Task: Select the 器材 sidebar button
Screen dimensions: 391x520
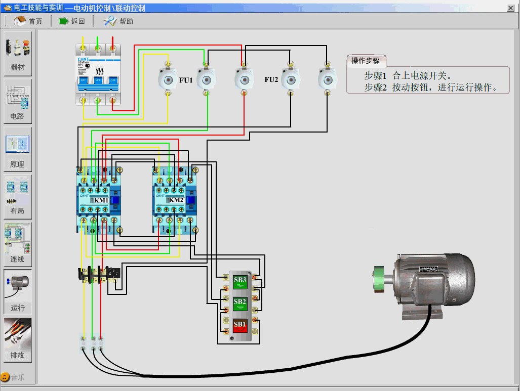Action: click(x=18, y=53)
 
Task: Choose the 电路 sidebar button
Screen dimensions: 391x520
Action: click(x=18, y=101)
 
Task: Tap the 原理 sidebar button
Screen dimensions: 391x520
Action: click(x=18, y=149)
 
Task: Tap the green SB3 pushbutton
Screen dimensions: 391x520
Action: click(x=240, y=281)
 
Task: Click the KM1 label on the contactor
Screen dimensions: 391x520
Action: click(x=101, y=200)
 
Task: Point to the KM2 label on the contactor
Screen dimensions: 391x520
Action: click(x=176, y=200)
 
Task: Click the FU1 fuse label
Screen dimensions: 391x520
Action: click(x=186, y=80)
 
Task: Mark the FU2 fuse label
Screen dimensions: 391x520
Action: click(x=271, y=80)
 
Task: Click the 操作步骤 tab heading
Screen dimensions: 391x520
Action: click(x=366, y=61)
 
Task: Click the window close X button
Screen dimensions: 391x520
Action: click(x=511, y=8)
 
